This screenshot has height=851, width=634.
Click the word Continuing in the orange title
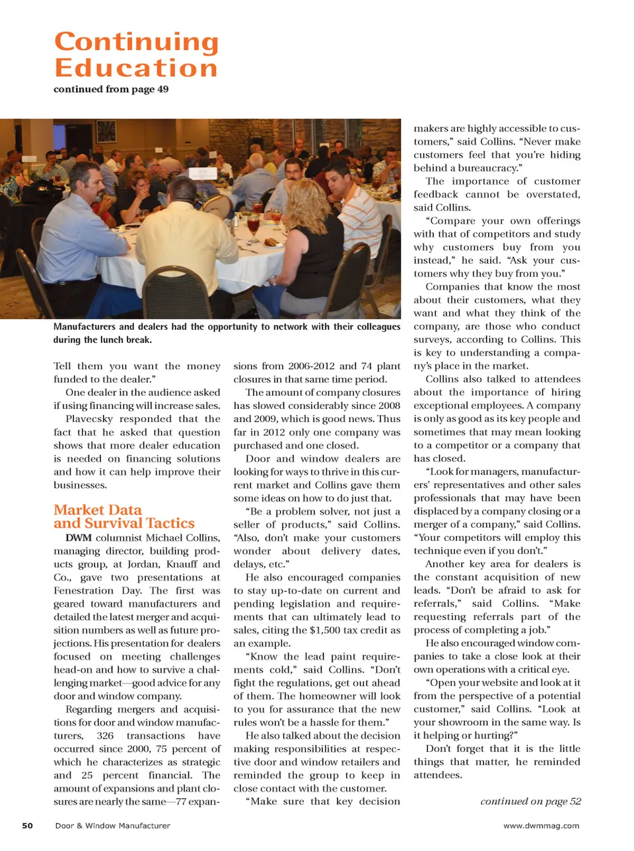pos(136,42)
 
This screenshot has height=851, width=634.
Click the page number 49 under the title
pos(162,89)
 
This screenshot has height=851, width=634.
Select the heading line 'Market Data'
pos(98,510)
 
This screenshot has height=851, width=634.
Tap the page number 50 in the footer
pos(27,825)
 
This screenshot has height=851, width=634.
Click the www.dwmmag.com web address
pos(541,825)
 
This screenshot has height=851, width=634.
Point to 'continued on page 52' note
pos(530,801)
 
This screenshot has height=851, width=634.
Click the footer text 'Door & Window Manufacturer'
pos(112,825)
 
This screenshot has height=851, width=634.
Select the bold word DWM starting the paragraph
pos(79,538)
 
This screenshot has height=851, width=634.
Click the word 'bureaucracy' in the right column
pos(487,168)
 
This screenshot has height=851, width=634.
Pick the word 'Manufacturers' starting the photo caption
pos(84,327)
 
